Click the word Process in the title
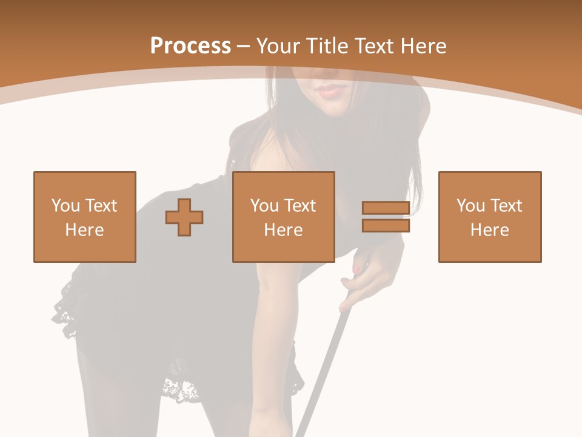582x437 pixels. click(190, 46)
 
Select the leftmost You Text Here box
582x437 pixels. click(85, 217)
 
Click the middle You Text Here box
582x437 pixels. click(284, 217)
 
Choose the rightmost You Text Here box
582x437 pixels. click(490, 217)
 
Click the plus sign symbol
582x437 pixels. click(184, 217)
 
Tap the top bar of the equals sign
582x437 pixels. click(386, 208)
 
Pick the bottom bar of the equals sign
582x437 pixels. click(386, 226)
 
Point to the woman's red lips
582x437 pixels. click(330, 92)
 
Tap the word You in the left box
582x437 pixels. click(65, 206)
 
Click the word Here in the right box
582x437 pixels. click(490, 230)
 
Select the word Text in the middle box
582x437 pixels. click(299, 206)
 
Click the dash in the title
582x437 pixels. click(244, 46)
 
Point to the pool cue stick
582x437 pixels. click(321, 376)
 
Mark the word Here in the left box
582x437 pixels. click(85, 230)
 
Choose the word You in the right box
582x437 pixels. click(470, 206)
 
